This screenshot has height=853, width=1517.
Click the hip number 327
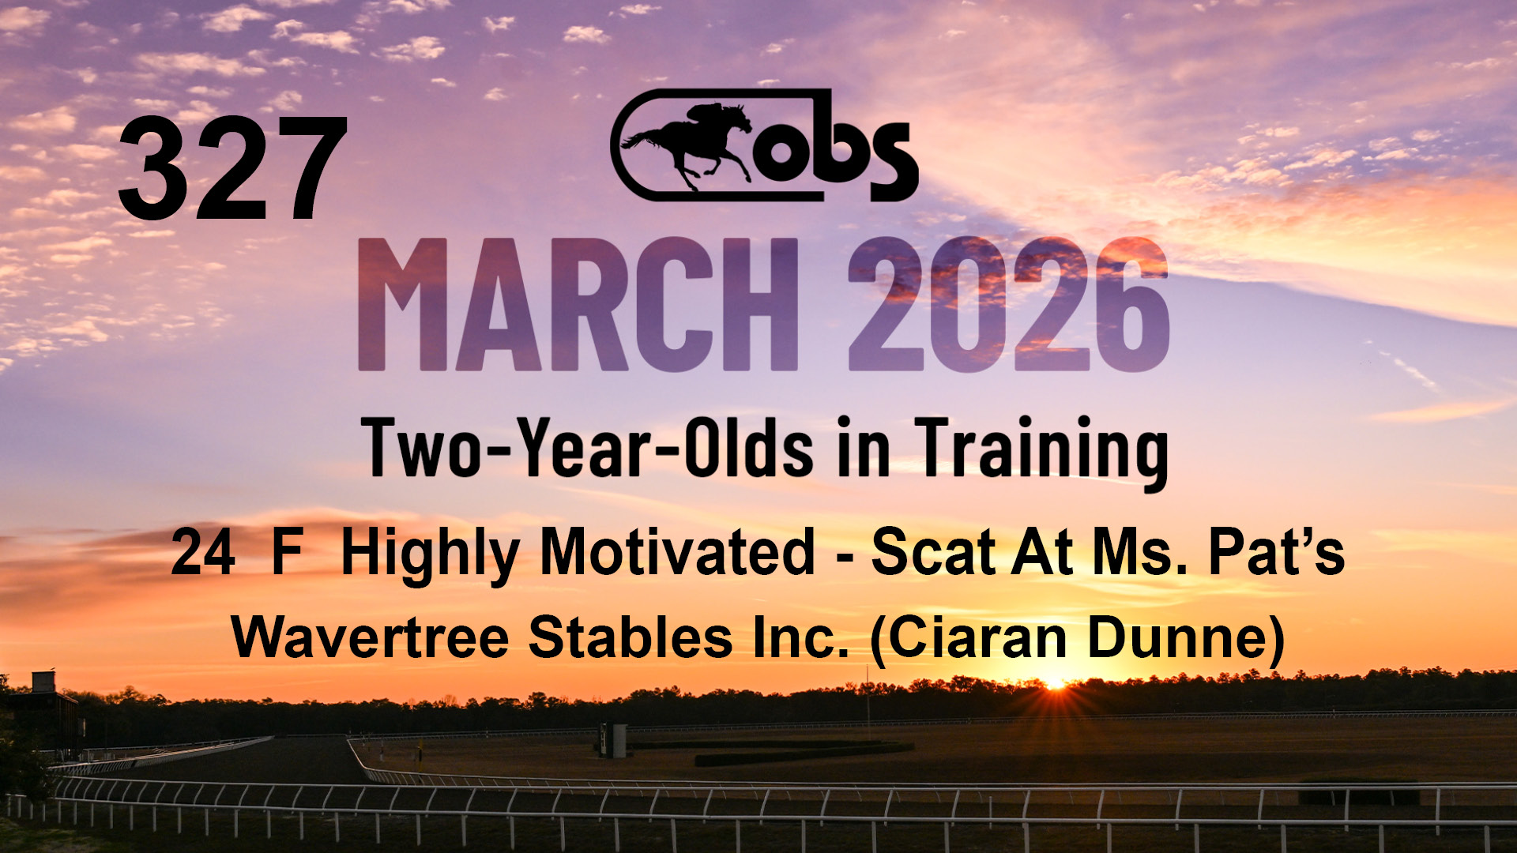click(x=233, y=169)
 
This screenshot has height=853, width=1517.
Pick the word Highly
click(x=430, y=557)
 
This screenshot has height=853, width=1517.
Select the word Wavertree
click(x=371, y=637)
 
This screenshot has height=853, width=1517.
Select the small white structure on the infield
click(x=613, y=740)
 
